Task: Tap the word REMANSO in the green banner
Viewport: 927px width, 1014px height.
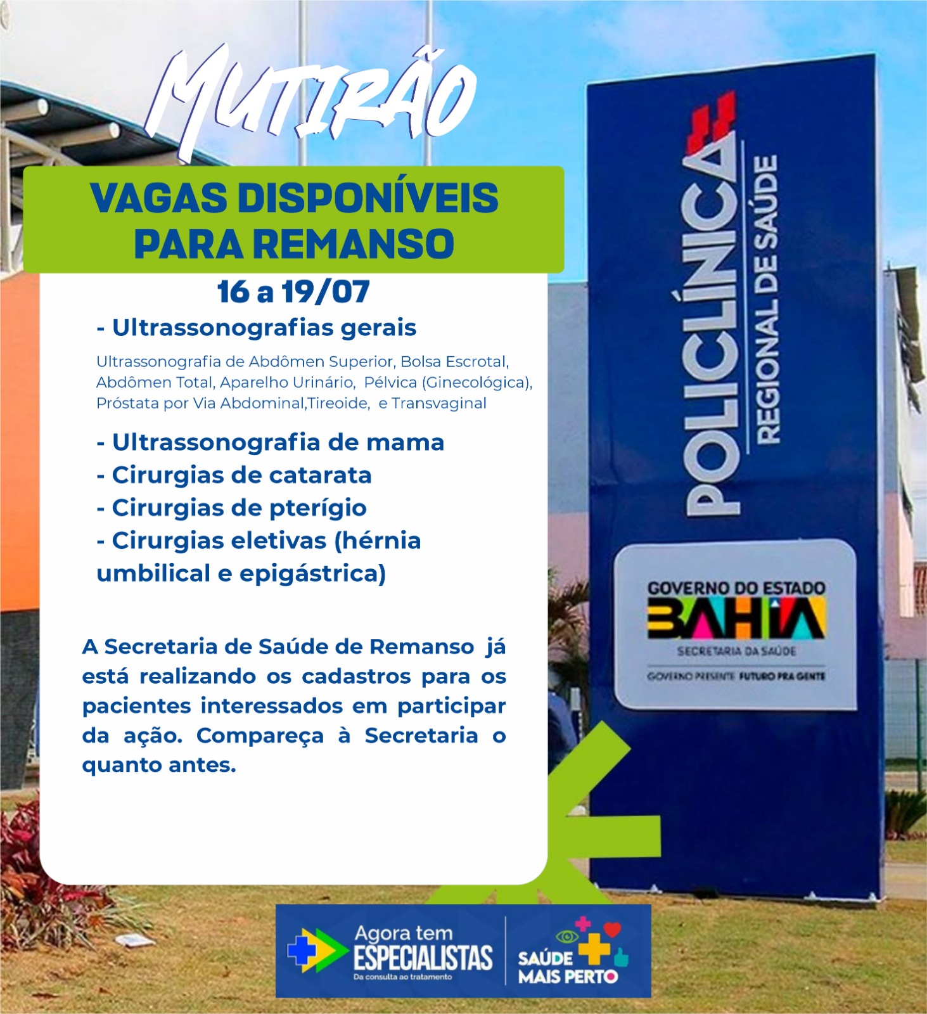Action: click(357, 244)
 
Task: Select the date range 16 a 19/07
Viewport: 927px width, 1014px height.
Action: click(293, 292)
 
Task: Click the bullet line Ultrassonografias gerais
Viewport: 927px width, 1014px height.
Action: click(257, 328)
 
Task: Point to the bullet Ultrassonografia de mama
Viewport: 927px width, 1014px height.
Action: click(271, 442)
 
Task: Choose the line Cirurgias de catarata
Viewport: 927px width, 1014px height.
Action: click(234, 475)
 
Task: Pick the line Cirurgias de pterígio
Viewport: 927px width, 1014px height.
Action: click(231, 508)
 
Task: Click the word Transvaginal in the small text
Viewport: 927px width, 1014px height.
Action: click(439, 403)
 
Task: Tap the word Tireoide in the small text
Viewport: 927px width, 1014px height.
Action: click(338, 403)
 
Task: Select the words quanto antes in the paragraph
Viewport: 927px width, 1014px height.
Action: click(159, 766)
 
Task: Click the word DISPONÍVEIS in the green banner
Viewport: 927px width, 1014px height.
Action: click(368, 198)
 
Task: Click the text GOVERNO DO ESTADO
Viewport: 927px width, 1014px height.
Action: click(736, 588)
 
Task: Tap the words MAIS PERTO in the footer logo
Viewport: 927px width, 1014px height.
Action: click(568, 977)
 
